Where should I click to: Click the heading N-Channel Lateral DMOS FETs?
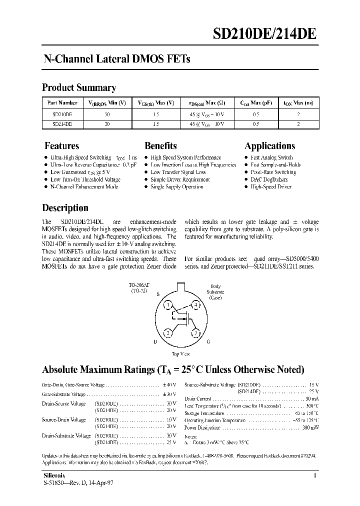tap(116, 59)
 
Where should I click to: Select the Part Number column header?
tap(61, 102)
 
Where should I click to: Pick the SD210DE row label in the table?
tap(61, 114)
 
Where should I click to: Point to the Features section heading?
tap(62, 146)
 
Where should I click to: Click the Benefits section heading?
tap(160, 146)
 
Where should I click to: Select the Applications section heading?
tap(269, 146)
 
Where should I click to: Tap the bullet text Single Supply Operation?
tap(177, 186)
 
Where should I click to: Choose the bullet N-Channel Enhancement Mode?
tap(84, 186)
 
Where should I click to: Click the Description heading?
tap(65, 208)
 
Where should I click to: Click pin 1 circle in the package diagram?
tap(169, 305)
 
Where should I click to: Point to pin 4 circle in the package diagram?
tap(196, 305)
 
